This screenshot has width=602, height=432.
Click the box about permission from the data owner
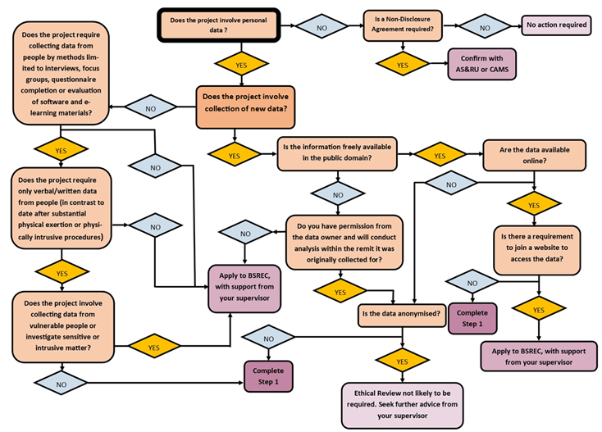pos(344,242)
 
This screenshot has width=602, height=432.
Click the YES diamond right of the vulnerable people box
pos(152,347)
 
